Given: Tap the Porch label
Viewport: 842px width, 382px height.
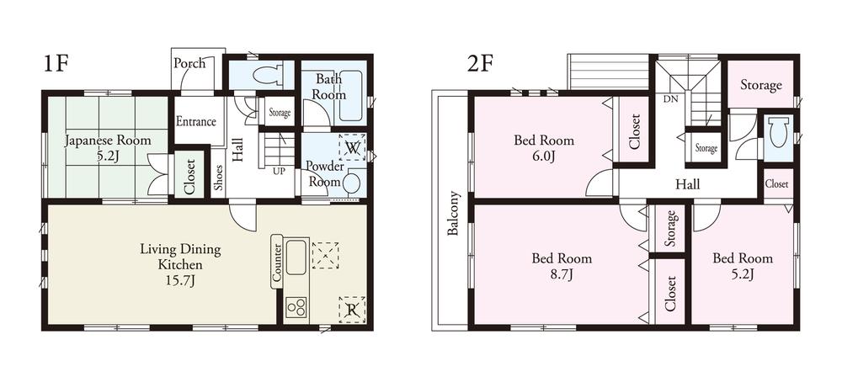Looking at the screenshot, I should (189, 64).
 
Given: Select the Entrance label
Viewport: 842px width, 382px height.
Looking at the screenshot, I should (196, 121).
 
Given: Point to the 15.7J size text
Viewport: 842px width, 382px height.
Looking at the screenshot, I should (180, 279).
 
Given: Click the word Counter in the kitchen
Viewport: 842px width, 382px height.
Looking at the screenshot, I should (276, 263).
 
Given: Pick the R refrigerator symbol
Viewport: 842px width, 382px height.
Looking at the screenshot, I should (351, 310).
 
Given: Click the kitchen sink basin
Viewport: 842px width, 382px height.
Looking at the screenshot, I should (297, 257).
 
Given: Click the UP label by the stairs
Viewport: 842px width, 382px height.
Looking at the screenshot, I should (278, 171).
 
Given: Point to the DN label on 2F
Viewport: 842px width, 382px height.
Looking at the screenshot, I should (671, 98).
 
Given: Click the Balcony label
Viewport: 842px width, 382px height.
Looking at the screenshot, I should (453, 215).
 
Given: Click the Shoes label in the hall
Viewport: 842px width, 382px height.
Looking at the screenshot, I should (218, 177).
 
